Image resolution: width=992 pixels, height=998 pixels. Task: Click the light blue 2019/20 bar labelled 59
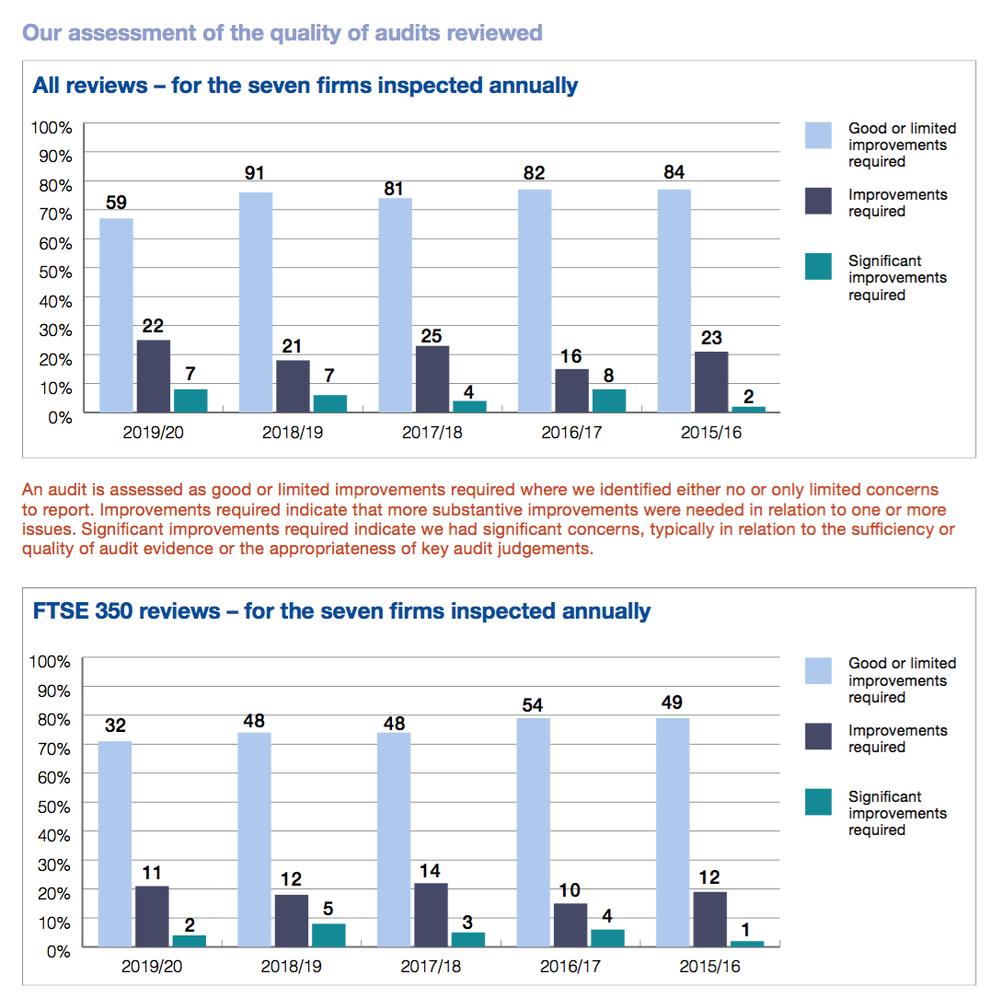coord(116,315)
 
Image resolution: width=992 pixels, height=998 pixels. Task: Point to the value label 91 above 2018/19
coord(255,173)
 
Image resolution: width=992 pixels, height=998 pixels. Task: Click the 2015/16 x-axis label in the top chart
coord(709,433)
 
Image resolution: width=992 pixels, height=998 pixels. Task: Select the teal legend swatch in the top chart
coord(818,267)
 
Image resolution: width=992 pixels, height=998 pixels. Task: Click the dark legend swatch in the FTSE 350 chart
coord(818,737)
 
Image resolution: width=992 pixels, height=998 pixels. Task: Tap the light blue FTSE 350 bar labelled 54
coord(534,831)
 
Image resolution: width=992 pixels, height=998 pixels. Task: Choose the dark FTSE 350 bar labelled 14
coord(431,915)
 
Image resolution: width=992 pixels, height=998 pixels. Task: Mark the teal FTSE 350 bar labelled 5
coord(329,934)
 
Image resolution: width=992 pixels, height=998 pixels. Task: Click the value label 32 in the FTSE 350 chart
coord(115,725)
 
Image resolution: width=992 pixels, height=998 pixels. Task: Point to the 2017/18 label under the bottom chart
coord(431,968)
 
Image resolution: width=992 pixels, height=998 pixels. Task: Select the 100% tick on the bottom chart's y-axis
coord(50,661)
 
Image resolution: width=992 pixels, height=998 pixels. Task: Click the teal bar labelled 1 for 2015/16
coord(746,943)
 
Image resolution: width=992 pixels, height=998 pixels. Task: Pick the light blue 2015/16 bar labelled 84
coord(675,300)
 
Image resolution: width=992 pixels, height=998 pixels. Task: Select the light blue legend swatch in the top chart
coord(818,134)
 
